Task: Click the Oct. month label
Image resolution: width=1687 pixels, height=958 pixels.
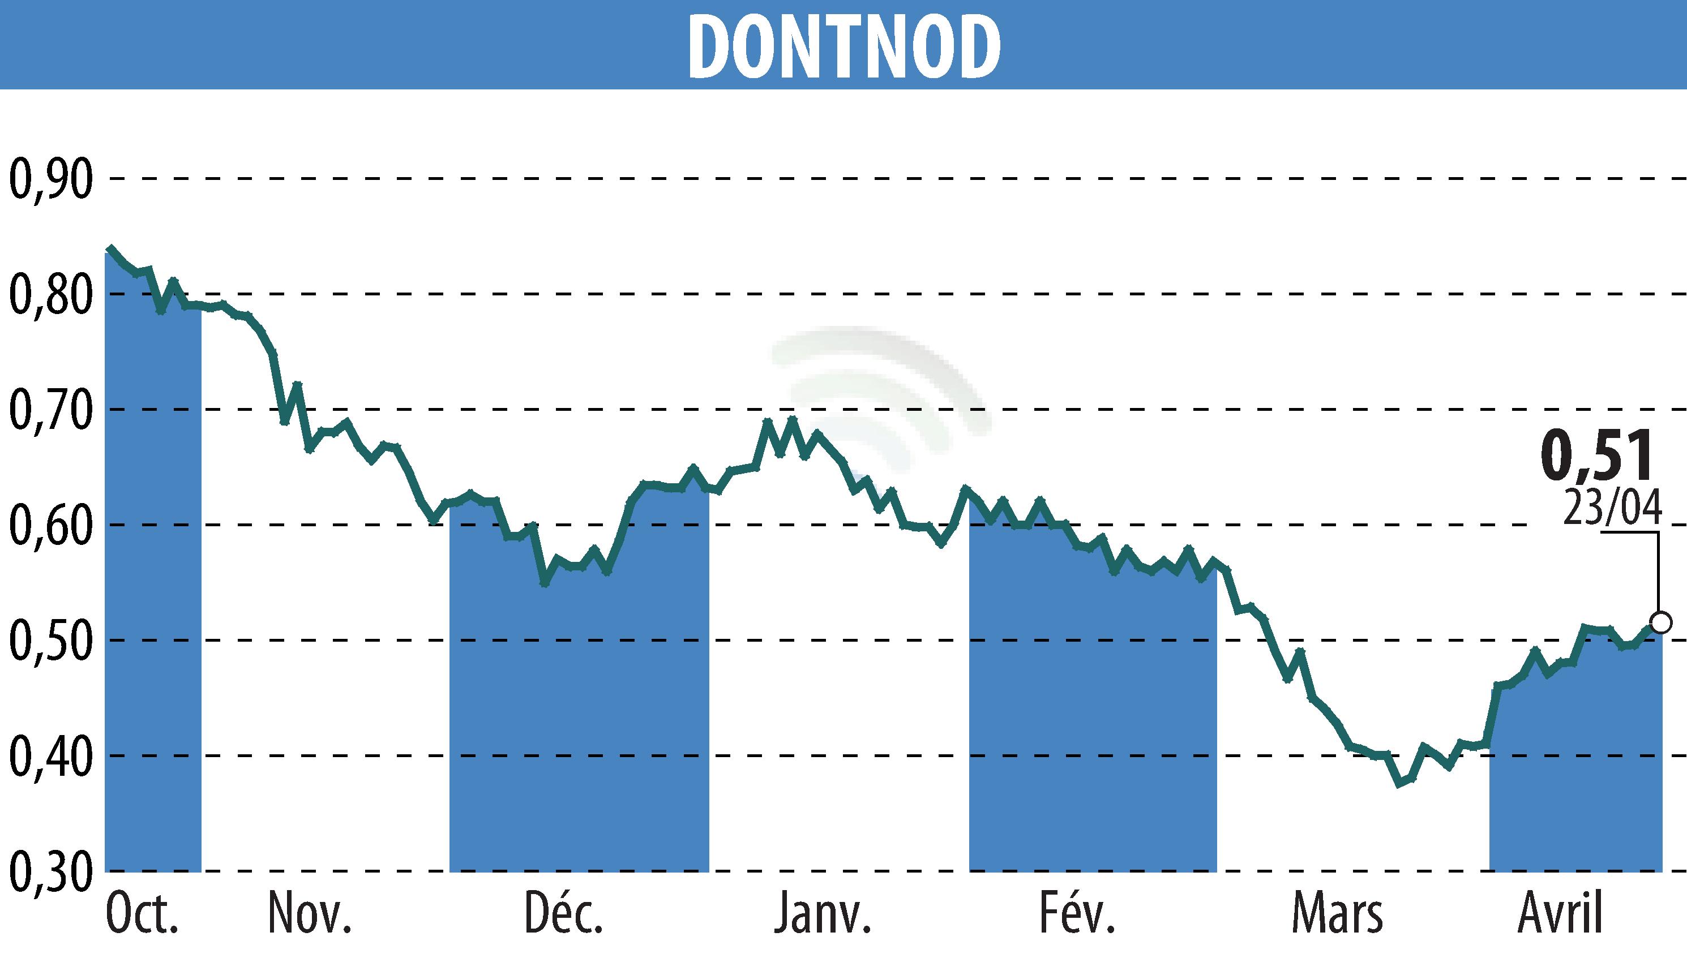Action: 142,914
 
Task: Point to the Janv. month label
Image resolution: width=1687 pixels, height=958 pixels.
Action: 823,914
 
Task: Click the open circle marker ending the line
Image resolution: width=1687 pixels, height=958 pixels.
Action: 1662,622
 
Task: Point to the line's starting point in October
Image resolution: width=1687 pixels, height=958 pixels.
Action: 110,250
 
